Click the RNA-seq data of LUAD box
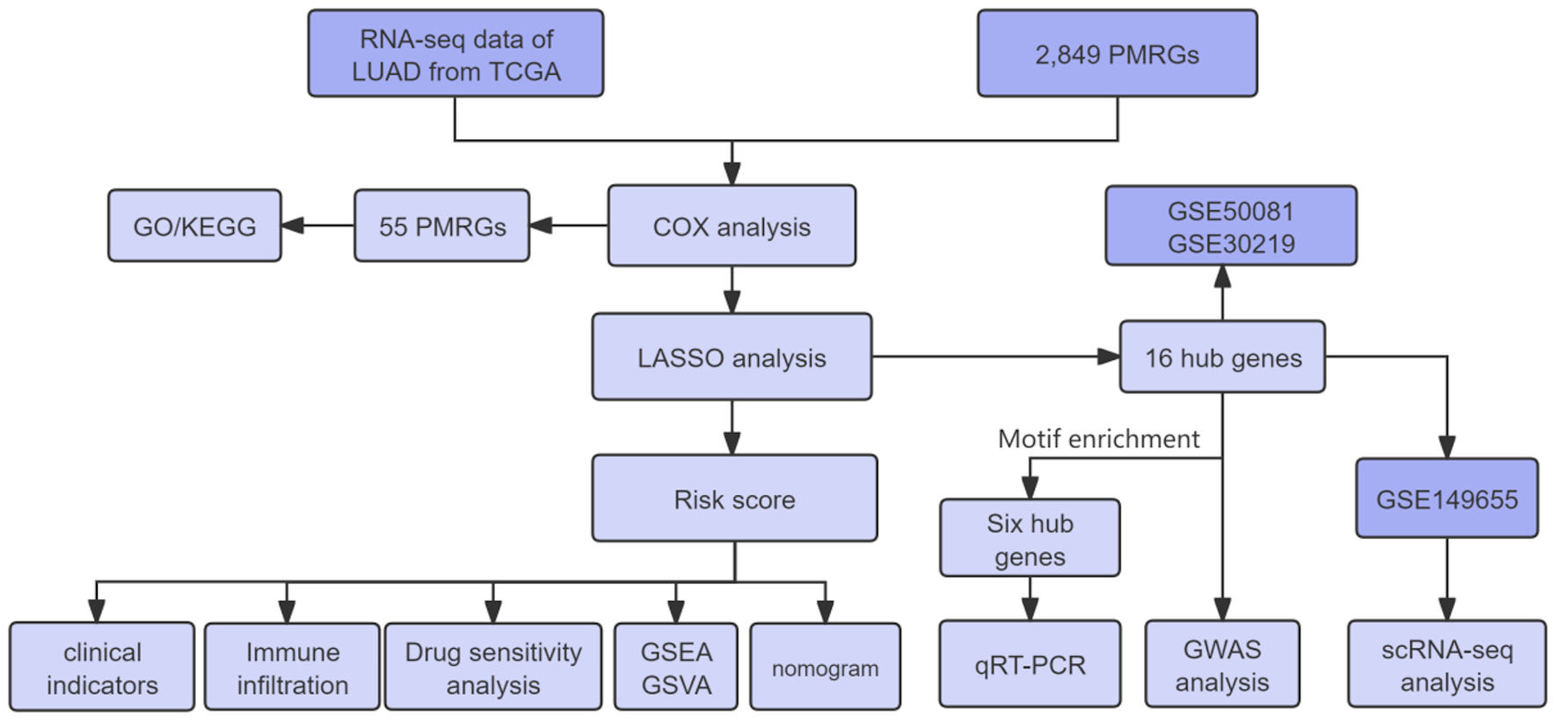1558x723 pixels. click(x=455, y=54)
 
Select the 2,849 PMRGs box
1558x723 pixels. click(x=1117, y=54)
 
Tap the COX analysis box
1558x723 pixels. click(x=732, y=226)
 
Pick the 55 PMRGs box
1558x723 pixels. click(x=441, y=226)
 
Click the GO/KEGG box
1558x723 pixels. click(x=194, y=226)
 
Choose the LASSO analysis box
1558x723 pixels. click(x=732, y=357)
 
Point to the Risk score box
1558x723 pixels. click(x=734, y=499)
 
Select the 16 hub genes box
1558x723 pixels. click(x=1222, y=357)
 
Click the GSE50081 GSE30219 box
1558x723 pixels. click(x=1231, y=226)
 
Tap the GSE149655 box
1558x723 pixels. click(x=1446, y=499)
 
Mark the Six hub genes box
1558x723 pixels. click(x=1030, y=539)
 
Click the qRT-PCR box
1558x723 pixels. click(x=1030, y=664)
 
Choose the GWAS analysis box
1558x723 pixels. click(x=1222, y=664)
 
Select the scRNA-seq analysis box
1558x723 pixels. click(x=1446, y=664)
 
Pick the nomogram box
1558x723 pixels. click(x=825, y=668)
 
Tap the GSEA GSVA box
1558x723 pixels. click(x=676, y=668)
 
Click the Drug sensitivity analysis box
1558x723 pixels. click(x=493, y=668)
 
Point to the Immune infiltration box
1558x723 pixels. click(x=292, y=668)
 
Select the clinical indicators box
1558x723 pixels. click(x=102, y=668)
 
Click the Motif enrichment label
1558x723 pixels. click(x=1098, y=439)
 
